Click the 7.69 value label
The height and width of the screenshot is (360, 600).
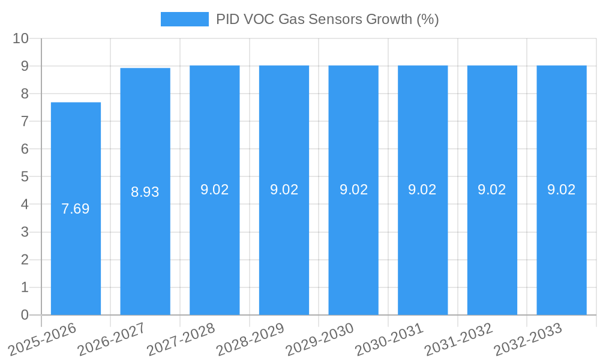point(76,209)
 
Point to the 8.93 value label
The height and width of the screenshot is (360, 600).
point(145,192)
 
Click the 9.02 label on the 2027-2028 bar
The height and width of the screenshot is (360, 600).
point(215,190)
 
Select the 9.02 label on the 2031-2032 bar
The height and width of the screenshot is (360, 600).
point(492,190)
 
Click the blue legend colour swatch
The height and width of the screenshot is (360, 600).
point(184,19)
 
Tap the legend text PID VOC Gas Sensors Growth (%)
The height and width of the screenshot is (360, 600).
point(328,19)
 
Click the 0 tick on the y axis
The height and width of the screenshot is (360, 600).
point(25,315)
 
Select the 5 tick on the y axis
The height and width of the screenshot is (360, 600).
point(25,177)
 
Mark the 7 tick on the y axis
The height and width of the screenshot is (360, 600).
point(25,121)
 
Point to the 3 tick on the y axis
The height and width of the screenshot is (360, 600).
point(25,232)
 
